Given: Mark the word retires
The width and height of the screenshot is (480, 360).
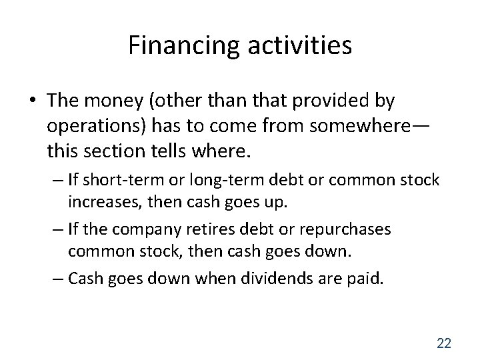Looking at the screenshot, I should (x=218, y=229).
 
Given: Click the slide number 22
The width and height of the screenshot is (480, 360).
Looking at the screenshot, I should (x=443, y=343).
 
